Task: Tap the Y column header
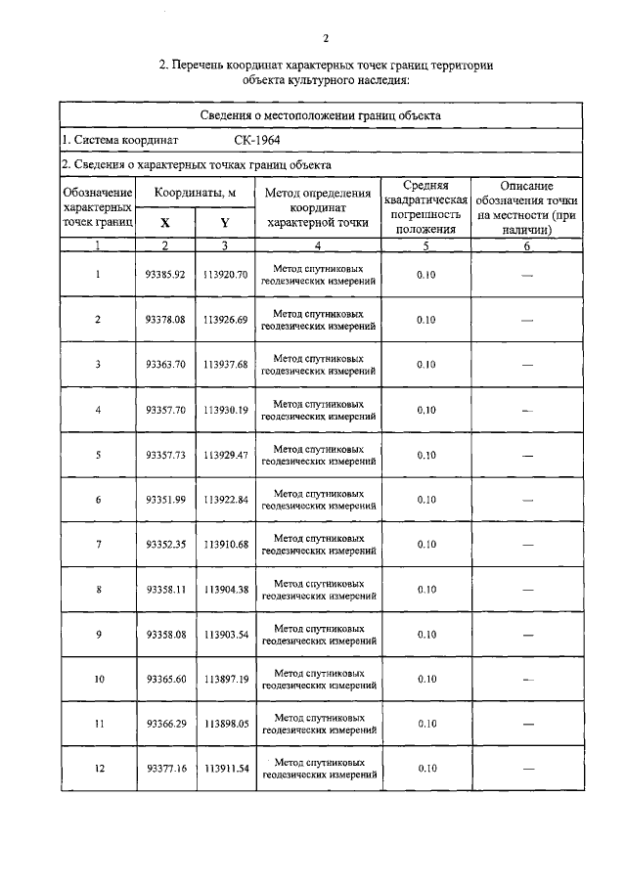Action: pyautogui.click(x=225, y=222)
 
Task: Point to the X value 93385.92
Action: pyautogui.click(x=165, y=275)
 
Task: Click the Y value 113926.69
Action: pyautogui.click(x=226, y=320)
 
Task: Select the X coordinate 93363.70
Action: pyautogui.click(x=165, y=365)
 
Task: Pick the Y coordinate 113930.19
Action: pyautogui.click(x=226, y=410)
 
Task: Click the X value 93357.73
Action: pyautogui.click(x=165, y=455)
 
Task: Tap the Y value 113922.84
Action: pyautogui.click(x=226, y=500)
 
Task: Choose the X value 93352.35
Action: pyautogui.click(x=165, y=545)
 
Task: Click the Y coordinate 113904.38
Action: pyautogui.click(x=226, y=590)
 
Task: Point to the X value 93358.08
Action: pyautogui.click(x=165, y=635)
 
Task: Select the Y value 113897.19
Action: pyautogui.click(x=226, y=679)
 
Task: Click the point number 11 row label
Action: pyautogui.click(x=98, y=724)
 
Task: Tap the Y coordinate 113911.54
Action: pyautogui.click(x=226, y=769)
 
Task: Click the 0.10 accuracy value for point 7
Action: pyautogui.click(x=425, y=545)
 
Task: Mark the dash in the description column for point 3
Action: pyautogui.click(x=527, y=366)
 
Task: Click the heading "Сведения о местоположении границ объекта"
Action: pyautogui.click(x=327, y=114)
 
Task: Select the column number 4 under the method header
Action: pyautogui.click(x=318, y=246)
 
